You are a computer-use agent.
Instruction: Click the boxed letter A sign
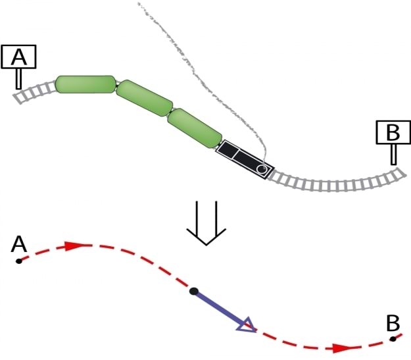tap(19, 57)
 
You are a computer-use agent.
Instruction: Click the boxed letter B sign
tap(393, 132)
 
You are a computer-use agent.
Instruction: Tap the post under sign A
tap(19, 78)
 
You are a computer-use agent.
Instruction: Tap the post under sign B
tap(393, 155)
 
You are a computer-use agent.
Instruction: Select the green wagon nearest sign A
tap(85, 84)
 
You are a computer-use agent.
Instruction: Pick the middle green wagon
tap(145, 99)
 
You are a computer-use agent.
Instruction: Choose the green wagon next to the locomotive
tap(194, 128)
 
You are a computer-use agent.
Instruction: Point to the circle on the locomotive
tap(262, 170)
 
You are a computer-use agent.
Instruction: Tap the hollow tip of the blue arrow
tap(246, 324)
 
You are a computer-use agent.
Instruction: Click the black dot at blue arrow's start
tap(193, 291)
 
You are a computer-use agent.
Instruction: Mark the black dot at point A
tap(19, 261)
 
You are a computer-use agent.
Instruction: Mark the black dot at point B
tap(393, 339)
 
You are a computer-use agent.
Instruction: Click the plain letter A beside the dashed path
tap(19, 245)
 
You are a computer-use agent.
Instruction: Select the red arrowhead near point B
tap(342, 347)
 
